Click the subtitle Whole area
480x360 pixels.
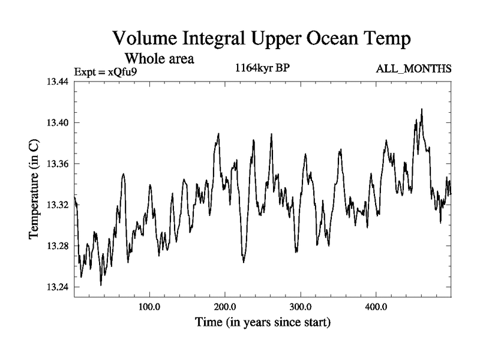coord(160,59)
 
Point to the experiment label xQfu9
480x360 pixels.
coord(126,72)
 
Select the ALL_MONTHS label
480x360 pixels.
coord(413,70)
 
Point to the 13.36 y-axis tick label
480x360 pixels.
coord(59,164)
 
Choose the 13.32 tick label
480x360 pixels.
coord(59,205)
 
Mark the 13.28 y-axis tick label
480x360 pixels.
coord(59,246)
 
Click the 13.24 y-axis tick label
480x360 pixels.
coord(59,287)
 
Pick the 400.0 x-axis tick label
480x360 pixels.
coord(376,307)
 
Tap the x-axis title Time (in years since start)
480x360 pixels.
coord(263,323)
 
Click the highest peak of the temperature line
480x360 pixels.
coord(422,109)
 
